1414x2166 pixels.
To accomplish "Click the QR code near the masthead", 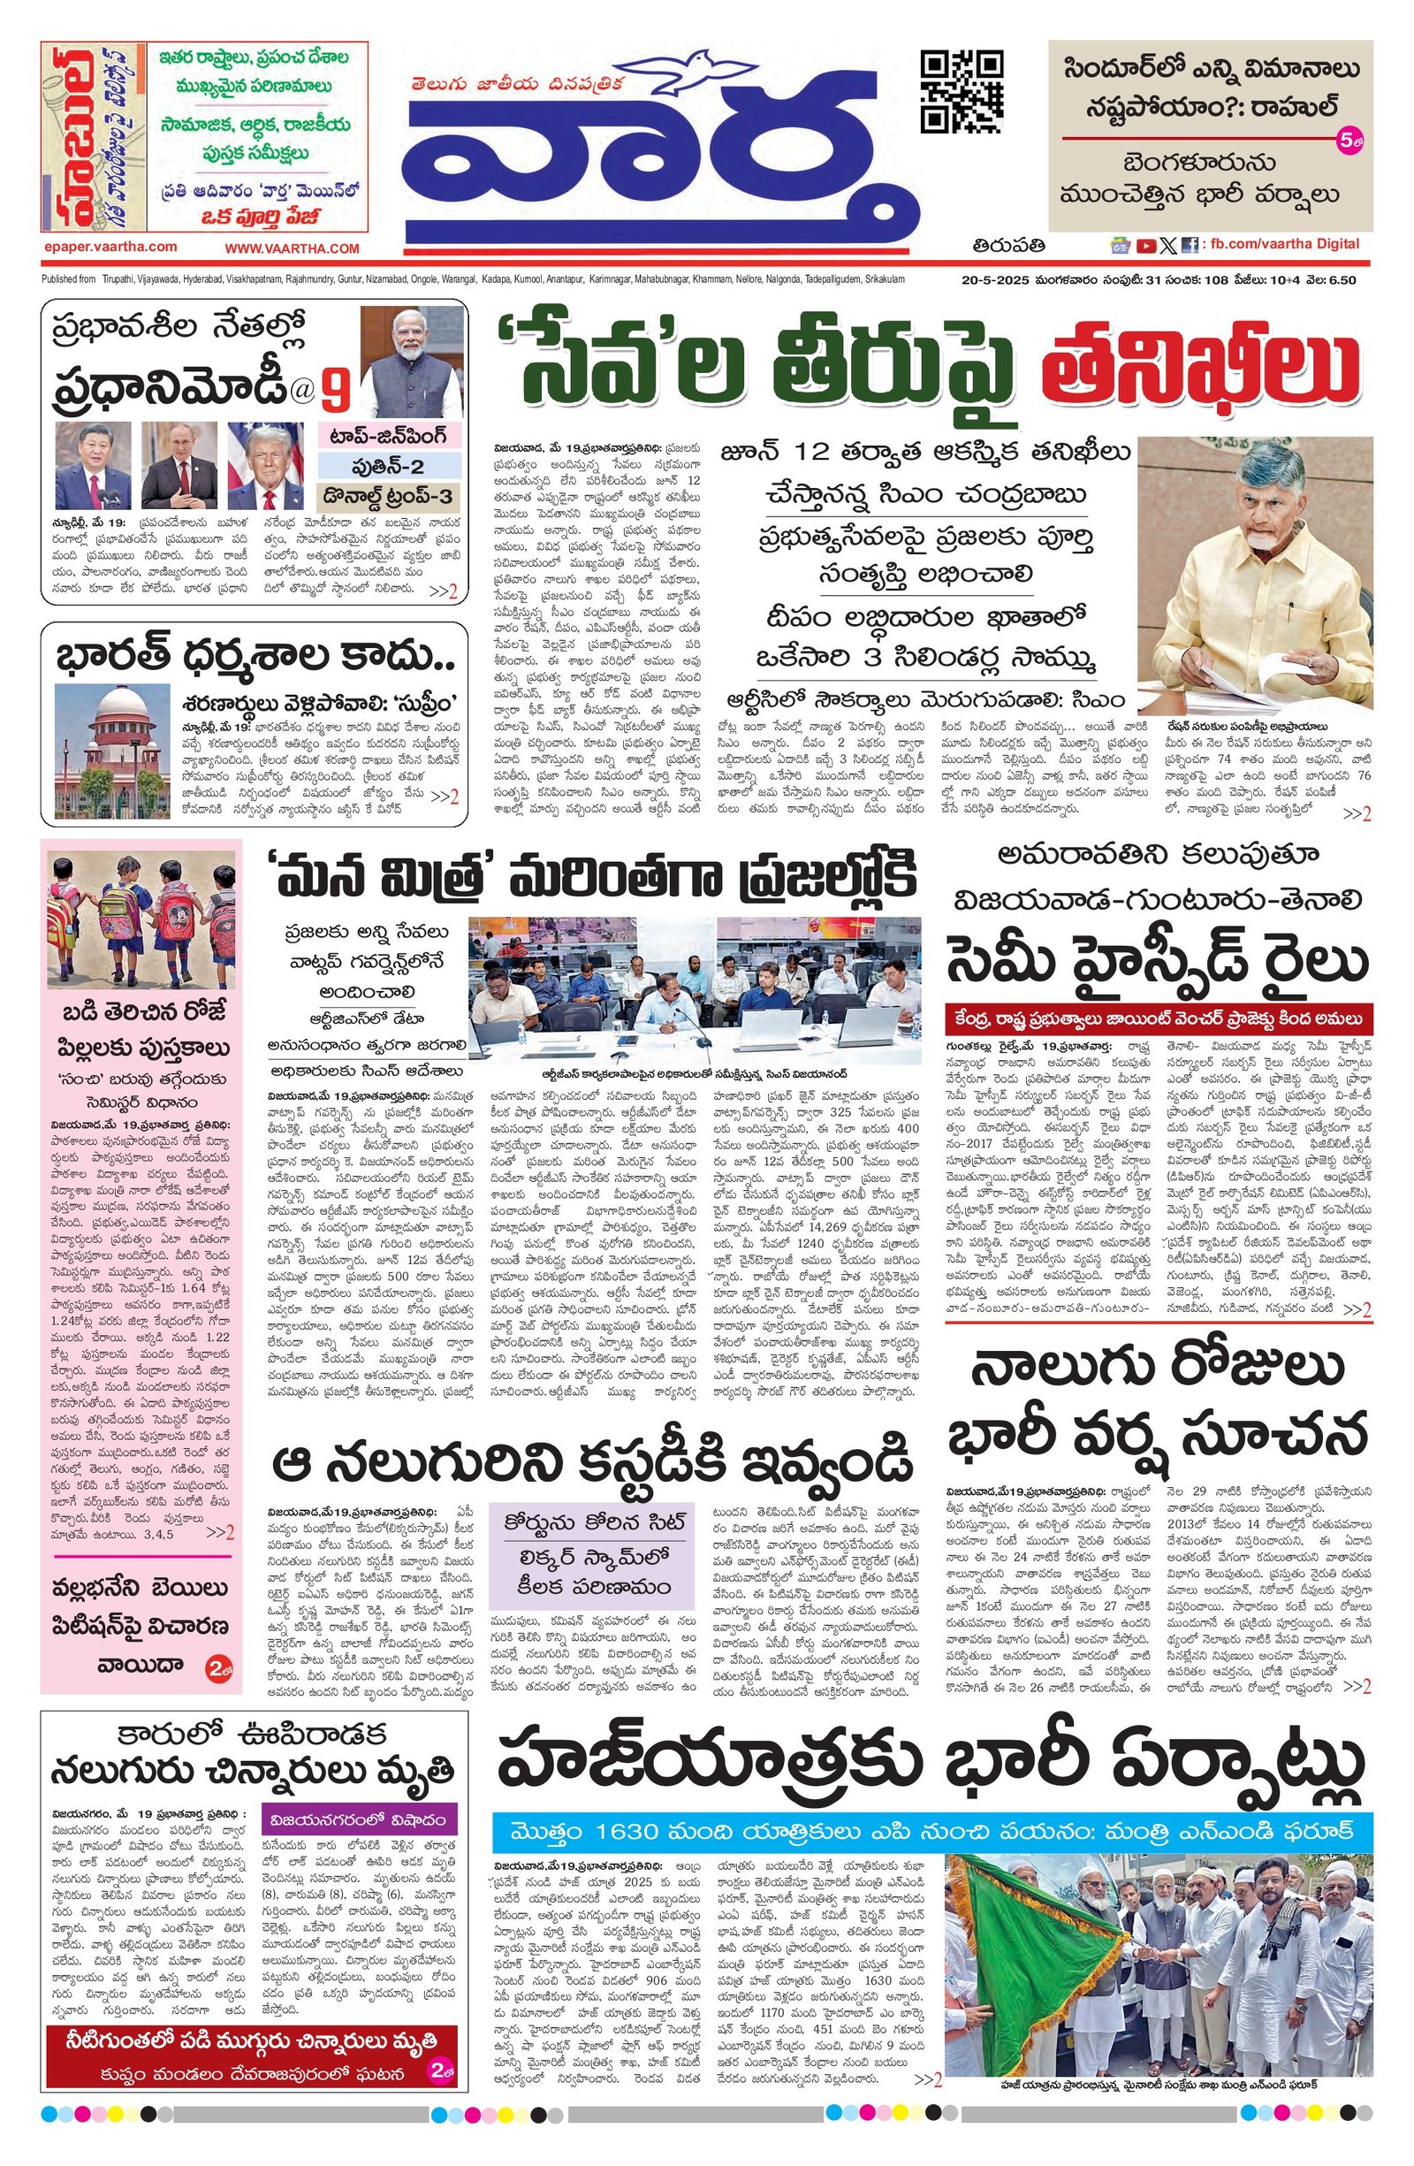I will (x=962, y=92).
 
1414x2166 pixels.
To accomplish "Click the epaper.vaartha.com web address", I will (x=110, y=247).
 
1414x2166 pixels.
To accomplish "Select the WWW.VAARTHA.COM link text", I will (x=293, y=248).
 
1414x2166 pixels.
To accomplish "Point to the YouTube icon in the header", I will (x=1145, y=245).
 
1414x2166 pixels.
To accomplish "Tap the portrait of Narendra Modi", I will (x=414, y=362).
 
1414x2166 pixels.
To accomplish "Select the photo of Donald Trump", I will (x=265, y=466).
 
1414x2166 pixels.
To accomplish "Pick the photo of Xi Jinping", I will (x=87, y=466).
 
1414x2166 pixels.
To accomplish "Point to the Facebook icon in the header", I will (x=1190, y=245).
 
